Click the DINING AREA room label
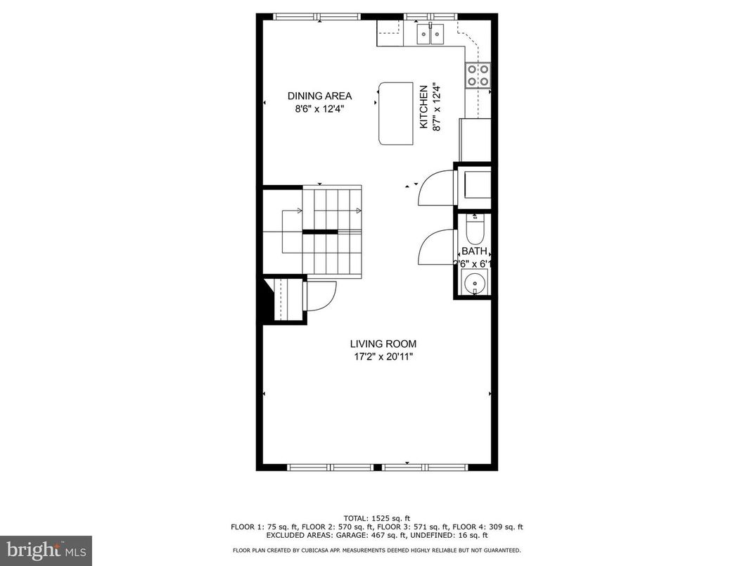[319, 96]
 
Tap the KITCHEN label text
[423, 107]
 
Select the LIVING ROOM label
[383, 344]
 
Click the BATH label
[473, 251]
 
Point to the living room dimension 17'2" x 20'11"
[383, 357]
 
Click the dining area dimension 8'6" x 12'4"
[319, 109]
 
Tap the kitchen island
[396, 113]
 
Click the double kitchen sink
[430, 32]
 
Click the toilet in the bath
[475, 229]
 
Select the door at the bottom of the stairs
[320, 296]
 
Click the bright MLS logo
[46, 549]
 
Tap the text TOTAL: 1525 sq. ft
[376, 518]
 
